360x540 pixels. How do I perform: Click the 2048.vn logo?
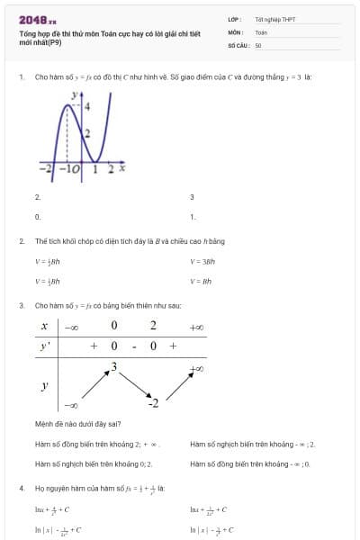tap(37, 20)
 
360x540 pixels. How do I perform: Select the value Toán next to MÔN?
tap(261, 31)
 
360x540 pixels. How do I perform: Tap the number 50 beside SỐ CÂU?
tap(258, 44)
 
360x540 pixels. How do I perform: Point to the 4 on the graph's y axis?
tap(87, 106)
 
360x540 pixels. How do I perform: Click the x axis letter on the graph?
tap(121, 167)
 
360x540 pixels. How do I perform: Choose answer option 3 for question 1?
tap(192, 196)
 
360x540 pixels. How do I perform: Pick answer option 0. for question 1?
tap(38, 217)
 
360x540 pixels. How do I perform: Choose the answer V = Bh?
tap(201, 281)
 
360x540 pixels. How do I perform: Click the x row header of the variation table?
tap(44, 326)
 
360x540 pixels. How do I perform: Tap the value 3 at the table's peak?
tap(113, 365)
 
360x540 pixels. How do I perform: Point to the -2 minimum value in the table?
tap(153, 401)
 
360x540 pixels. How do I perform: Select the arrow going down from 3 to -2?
tap(133, 383)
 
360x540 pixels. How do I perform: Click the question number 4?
tap(21, 487)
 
